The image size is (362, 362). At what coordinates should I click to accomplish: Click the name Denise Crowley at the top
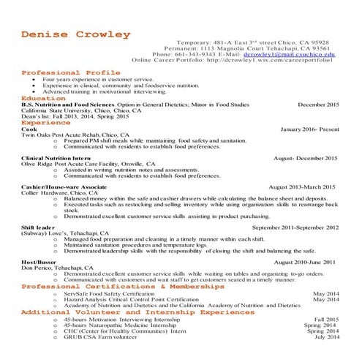coord(76,34)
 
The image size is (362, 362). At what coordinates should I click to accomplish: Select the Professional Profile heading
coord(71,73)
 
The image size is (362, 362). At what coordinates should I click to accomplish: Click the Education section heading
coord(43,98)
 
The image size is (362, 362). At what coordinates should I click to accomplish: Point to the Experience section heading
coord(45,123)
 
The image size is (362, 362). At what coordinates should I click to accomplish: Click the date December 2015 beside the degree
coord(319,105)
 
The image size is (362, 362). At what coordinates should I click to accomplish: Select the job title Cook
coord(29,129)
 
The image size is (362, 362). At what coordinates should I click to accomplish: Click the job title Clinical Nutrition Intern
coord(56,158)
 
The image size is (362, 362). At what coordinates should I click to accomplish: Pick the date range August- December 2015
coord(305,158)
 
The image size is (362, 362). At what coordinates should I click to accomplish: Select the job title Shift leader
coord(38,227)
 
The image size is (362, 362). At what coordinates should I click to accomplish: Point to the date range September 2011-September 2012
coord(295,227)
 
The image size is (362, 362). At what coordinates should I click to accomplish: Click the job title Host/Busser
coord(39,262)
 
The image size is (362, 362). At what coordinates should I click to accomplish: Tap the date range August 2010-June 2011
coord(305,262)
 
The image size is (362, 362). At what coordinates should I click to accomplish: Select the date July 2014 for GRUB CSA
coord(327,336)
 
